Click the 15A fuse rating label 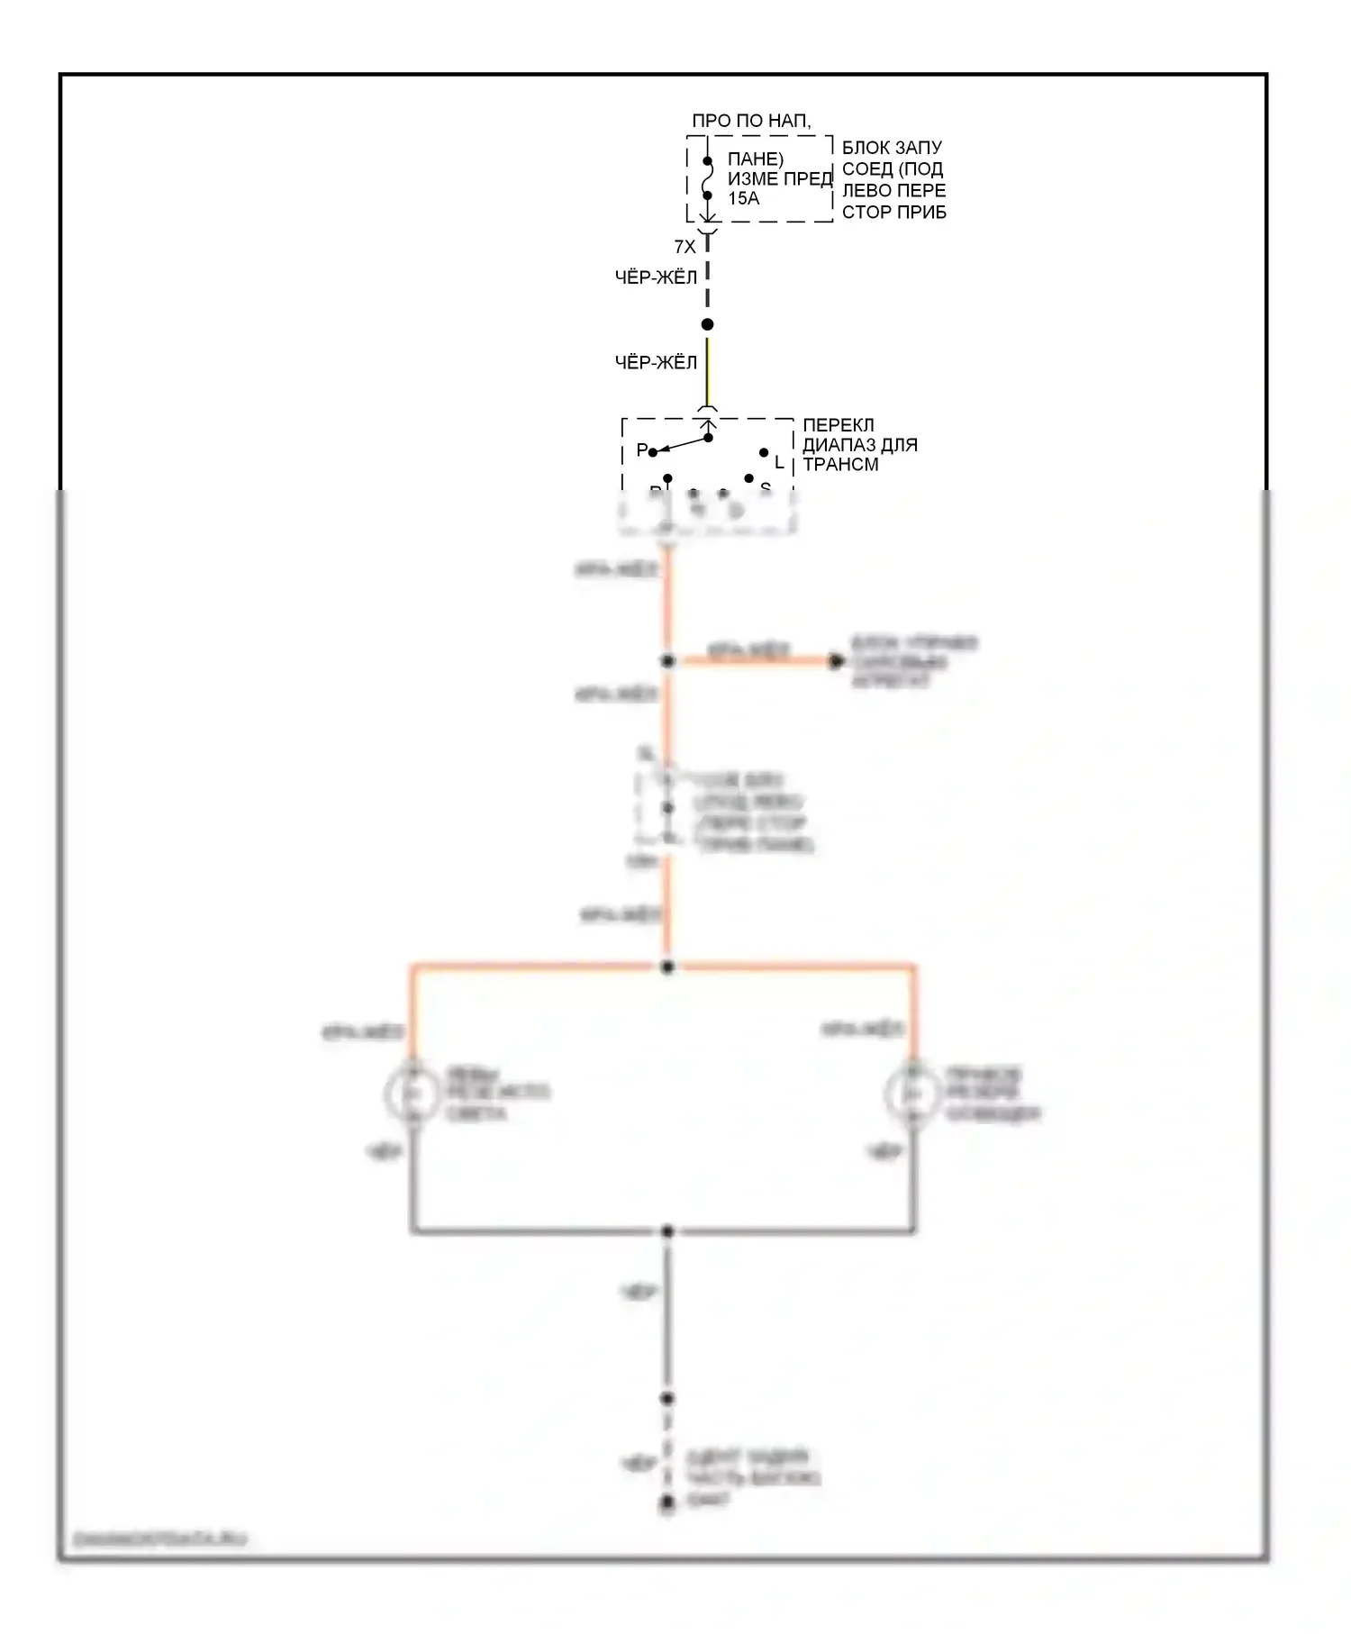coord(743,199)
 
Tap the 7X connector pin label coord(685,247)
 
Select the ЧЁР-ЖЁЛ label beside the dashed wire coord(656,278)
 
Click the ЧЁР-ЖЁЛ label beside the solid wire coord(656,363)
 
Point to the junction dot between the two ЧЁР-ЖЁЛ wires coord(707,324)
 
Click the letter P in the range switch coord(641,449)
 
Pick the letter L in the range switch coord(779,462)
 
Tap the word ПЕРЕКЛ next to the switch coord(838,425)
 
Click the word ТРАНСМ coord(840,465)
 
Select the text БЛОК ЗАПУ coord(892,148)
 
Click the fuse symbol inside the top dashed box coord(707,178)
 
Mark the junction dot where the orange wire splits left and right coord(667,967)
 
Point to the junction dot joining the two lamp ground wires coord(667,1231)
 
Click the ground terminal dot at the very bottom coord(667,1502)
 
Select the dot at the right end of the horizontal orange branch coord(836,662)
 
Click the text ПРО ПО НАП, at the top coord(751,121)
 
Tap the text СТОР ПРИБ coord(893,213)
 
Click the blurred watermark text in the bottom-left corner coord(160,1539)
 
